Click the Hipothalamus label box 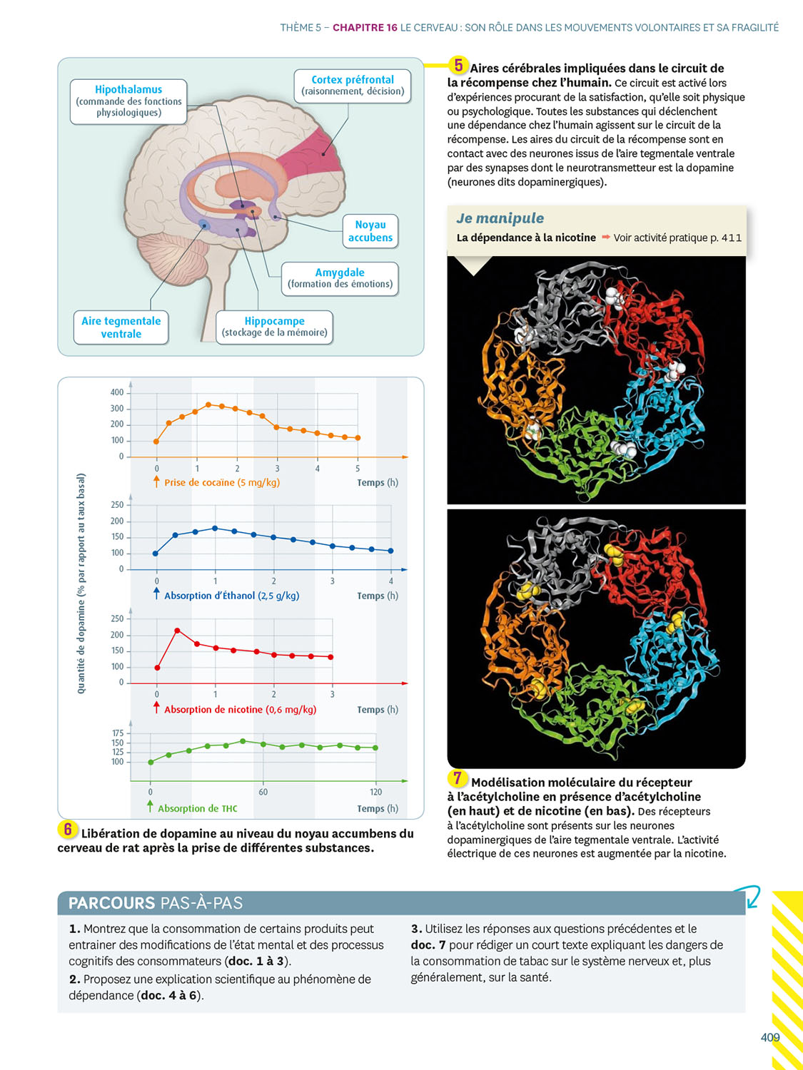128,101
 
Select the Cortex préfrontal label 353,86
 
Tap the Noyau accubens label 370,231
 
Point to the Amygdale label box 340,278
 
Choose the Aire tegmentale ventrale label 121,327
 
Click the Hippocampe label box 274,327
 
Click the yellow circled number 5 458,66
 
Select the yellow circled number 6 68,829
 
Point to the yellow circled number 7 458,778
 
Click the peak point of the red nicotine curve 177,631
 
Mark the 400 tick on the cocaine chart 117,392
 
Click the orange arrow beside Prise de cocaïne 156,482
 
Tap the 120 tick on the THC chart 376,792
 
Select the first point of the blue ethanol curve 156,554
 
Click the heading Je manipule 500,218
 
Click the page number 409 769,1037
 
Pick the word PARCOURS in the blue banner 111,903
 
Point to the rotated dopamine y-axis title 81,584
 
